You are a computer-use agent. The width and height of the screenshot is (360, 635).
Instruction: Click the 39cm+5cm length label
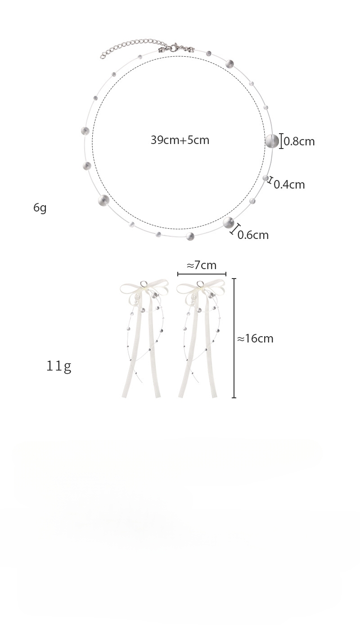coord(180,140)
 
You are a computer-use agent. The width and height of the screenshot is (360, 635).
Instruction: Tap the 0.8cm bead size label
coord(299,142)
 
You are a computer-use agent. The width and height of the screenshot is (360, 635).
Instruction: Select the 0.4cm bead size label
coord(289,185)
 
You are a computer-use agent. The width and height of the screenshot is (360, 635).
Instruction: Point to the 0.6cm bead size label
coord(253,235)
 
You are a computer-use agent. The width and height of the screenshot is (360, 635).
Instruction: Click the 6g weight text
coord(40,208)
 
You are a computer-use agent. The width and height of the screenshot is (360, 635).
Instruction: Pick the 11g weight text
coord(58,366)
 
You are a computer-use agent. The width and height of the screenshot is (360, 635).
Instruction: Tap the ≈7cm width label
coord(202,266)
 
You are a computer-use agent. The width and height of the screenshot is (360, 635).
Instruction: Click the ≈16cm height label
coord(255,339)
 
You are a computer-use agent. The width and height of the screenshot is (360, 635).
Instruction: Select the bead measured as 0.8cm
coord(272,141)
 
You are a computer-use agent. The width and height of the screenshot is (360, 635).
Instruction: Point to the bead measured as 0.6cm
coord(229,222)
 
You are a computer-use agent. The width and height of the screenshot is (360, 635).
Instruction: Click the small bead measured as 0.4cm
coord(266,178)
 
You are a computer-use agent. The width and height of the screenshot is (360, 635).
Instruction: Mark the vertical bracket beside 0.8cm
coord(282,141)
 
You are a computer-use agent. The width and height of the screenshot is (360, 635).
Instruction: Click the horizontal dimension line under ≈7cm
coord(202,274)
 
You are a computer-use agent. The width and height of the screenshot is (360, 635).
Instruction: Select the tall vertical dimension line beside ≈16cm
coord(234,338)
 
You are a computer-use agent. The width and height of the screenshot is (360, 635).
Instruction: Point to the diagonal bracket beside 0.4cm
coord(270,181)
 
